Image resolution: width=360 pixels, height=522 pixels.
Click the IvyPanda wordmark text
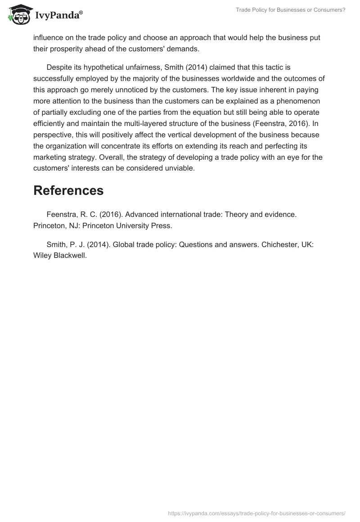tap(58, 16)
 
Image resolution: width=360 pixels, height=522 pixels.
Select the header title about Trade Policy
tap(290, 10)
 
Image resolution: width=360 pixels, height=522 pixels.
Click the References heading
tap(68, 190)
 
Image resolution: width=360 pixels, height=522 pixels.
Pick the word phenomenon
tap(302, 100)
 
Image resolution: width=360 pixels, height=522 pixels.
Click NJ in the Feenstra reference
tap(69, 225)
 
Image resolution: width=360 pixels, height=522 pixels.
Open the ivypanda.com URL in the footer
tap(256, 513)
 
